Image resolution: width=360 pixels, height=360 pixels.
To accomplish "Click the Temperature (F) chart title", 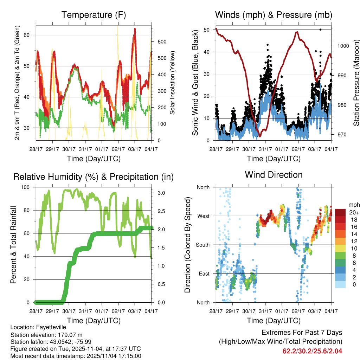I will [x=94, y=15].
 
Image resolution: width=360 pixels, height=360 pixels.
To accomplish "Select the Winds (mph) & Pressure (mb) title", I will [x=274, y=15].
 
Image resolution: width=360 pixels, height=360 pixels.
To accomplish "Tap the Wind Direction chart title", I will [x=274, y=174].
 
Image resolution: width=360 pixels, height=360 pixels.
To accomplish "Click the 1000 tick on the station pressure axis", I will [x=342, y=46].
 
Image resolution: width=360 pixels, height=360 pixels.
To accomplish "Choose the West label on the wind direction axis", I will [x=203, y=216].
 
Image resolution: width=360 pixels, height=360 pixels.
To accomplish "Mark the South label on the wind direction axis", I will [x=202, y=245].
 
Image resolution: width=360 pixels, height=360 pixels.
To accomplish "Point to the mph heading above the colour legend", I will [x=353, y=205].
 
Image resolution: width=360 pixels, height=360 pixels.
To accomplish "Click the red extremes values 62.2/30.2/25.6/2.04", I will [x=312, y=351].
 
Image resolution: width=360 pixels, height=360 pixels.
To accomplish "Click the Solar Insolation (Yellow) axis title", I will [x=173, y=83].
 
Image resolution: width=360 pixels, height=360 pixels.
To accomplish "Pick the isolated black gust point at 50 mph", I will [x=320, y=30].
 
